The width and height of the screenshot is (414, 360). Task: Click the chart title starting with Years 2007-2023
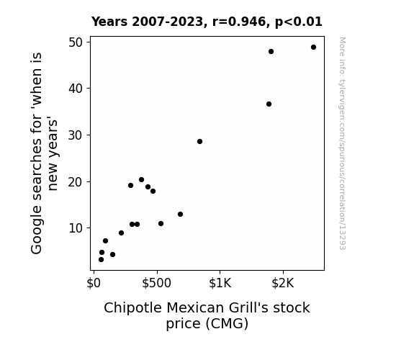[x=207, y=22]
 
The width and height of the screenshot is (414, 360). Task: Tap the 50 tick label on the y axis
[x=76, y=42]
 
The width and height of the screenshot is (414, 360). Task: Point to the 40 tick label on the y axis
[x=76, y=89]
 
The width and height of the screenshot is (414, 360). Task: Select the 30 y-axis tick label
[x=76, y=135]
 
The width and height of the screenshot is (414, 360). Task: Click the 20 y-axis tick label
[x=76, y=182]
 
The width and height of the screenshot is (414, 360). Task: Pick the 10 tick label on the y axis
[x=76, y=228]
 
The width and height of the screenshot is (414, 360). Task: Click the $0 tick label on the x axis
[x=94, y=283]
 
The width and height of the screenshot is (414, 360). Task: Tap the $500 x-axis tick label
[x=156, y=283]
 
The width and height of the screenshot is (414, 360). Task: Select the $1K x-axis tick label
[x=220, y=283]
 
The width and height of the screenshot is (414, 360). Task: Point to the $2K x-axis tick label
[x=283, y=283]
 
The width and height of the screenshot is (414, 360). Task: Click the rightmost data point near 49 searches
[x=313, y=48]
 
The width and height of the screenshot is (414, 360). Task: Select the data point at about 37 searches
[x=269, y=104]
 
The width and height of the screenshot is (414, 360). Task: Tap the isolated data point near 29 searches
[x=199, y=142]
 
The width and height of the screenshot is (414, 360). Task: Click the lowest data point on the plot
[x=101, y=260]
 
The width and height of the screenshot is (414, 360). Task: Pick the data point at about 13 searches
[x=180, y=215]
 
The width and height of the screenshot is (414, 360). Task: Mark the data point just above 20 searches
[x=141, y=179]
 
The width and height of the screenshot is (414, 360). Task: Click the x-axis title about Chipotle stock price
[x=207, y=315]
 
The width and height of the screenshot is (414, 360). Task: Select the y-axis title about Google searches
[x=44, y=153]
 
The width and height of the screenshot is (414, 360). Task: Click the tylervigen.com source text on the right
[x=342, y=143]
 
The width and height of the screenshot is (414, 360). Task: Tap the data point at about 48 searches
[x=271, y=52]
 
